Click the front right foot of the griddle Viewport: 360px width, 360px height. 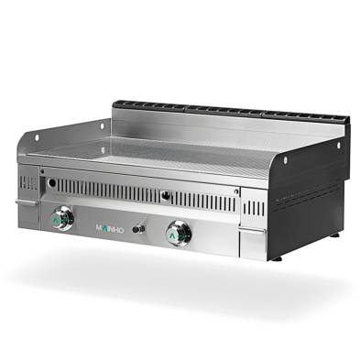[x=277, y=257]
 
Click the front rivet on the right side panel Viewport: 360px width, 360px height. [x=285, y=159]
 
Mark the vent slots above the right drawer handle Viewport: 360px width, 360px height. [x=254, y=208]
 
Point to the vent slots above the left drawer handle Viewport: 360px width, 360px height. [x=28, y=183]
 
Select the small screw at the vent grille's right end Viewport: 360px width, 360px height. [x=236, y=191]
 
